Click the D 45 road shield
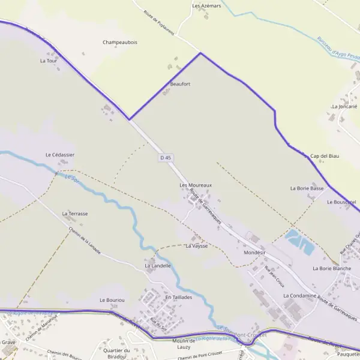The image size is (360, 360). pos(166,157)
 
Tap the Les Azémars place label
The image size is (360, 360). pos(206,5)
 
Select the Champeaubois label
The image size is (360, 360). pos(120,43)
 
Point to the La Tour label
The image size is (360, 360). pos(48,61)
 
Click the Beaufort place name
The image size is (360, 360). pos(180,84)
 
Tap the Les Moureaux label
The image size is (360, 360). pos(196,185)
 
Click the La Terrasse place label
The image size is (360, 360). pos(75,214)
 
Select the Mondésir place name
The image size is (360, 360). pos(254,253)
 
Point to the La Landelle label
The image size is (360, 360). pos(158,265)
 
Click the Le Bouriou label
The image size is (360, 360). pos(112,299)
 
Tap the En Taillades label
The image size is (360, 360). pos(178,297)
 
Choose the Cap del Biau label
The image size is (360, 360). pos(325,156)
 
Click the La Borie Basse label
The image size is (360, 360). pos(307,188)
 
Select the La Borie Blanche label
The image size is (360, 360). pos(332,268)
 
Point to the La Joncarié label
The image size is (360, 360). pos(344,106)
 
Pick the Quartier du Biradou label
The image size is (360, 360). pos(116,353)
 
